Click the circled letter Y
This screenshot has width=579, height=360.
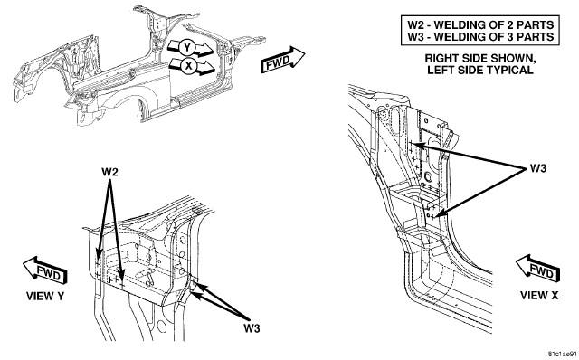click(187, 48)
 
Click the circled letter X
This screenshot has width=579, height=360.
click(189, 66)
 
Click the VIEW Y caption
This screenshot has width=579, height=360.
click(45, 296)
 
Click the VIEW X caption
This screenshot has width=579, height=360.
click(539, 296)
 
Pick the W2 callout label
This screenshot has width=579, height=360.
click(109, 172)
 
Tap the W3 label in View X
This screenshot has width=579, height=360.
click(538, 168)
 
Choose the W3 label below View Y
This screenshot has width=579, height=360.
click(252, 327)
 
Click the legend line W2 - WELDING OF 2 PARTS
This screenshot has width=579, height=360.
click(480, 24)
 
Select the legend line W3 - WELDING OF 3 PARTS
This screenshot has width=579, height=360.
click(480, 36)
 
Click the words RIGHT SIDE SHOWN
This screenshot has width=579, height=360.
click(480, 58)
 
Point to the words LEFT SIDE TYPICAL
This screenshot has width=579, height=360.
click(480, 70)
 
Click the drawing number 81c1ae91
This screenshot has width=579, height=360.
click(562, 354)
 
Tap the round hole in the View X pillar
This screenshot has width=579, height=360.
click(428, 176)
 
